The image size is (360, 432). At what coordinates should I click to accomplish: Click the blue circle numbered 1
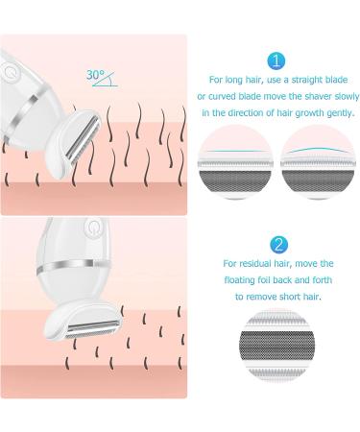coord(276,61)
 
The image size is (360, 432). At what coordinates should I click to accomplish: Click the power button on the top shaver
coord(12,72)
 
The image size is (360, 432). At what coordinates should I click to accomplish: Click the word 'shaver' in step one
coord(307,98)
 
